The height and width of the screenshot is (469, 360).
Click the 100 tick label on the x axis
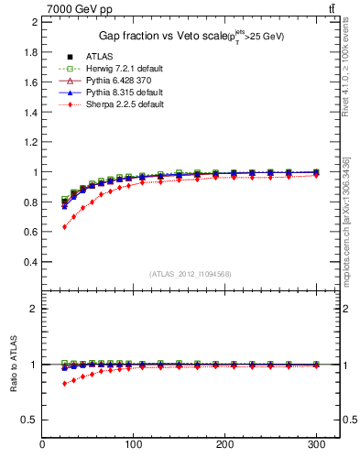(134, 444)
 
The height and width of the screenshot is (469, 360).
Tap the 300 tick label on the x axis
(316, 444)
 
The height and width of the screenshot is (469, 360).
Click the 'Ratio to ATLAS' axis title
(14, 363)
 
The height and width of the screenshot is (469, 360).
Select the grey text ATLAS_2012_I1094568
(190, 274)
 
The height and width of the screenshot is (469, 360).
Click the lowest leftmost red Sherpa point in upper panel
(64, 226)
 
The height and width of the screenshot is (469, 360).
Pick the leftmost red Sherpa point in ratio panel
(64, 383)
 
